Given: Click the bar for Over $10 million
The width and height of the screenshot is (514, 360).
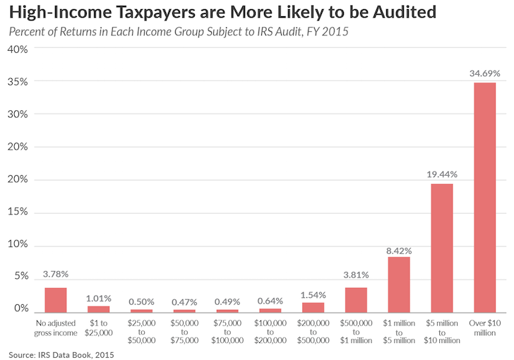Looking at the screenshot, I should (484, 197).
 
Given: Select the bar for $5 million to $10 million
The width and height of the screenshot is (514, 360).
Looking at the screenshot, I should (441, 247).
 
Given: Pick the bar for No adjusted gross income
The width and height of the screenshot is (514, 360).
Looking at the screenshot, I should (55, 299).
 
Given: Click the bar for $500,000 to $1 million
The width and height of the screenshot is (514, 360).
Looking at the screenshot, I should (355, 299).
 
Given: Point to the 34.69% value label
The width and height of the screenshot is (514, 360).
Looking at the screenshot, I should (484, 73).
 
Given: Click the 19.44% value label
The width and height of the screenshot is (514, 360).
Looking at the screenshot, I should (441, 174).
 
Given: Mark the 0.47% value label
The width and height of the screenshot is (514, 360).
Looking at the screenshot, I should (184, 301).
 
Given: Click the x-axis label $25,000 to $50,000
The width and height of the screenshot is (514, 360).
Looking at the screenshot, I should (141, 330).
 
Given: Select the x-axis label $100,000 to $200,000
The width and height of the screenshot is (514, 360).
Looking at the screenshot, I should (270, 330).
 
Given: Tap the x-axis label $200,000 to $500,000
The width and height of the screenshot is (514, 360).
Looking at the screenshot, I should (313, 330).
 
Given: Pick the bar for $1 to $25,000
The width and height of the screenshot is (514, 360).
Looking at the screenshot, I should (98, 308).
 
